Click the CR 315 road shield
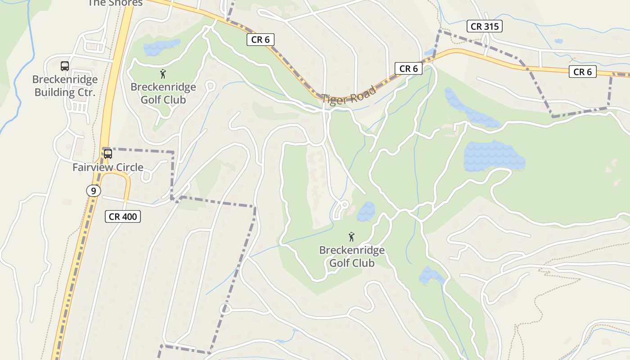pos(484,27)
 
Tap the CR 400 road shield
pos(123,216)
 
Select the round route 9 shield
pos(93,191)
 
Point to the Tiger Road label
pos(349,96)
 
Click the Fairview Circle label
pos(108,167)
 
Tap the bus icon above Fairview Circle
pos(108,154)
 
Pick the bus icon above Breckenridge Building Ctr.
pos(65,66)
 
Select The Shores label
pos(115,3)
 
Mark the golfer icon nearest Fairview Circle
pos(163,74)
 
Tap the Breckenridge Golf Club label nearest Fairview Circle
pos(163,93)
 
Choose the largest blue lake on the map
pos(494,156)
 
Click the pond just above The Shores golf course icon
pos(161,47)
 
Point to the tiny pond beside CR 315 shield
pos(558,41)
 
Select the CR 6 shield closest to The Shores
pos(261,40)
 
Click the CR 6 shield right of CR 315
pos(582,72)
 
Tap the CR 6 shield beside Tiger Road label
pos(409,68)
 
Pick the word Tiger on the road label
pos(333,99)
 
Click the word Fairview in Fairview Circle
pos(92,167)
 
